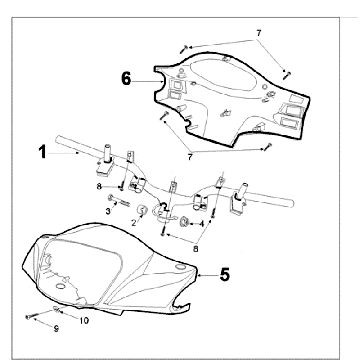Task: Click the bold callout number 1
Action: [x=42, y=153]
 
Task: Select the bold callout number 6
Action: [x=126, y=79]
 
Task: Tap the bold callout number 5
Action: [x=225, y=275]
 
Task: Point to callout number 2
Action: [x=134, y=223]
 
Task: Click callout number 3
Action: [x=108, y=211]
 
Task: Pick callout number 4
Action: [x=201, y=224]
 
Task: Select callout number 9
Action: [x=56, y=329]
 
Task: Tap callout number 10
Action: [x=84, y=320]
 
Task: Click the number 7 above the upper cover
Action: [x=259, y=33]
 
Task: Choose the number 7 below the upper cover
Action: [x=190, y=157]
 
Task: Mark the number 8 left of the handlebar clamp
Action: [x=99, y=186]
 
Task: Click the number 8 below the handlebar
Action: [x=196, y=248]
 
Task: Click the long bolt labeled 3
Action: [x=118, y=201]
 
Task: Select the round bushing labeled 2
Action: [x=143, y=211]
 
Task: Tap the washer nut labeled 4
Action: [x=184, y=222]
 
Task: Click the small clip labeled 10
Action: [x=57, y=309]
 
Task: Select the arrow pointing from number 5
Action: [x=207, y=275]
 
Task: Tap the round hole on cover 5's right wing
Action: [x=180, y=267]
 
